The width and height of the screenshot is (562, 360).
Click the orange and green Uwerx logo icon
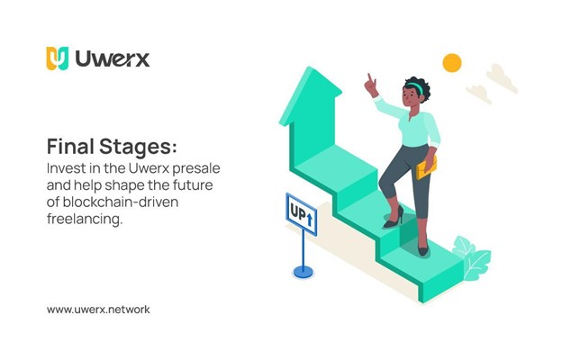click(x=58, y=58)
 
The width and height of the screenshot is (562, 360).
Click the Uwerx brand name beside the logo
click(x=112, y=59)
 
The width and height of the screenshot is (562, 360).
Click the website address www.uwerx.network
click(x=98, y=310)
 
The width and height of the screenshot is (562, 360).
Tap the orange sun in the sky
click(x=451, y=62)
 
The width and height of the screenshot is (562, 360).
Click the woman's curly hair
click(x=419, y=86)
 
